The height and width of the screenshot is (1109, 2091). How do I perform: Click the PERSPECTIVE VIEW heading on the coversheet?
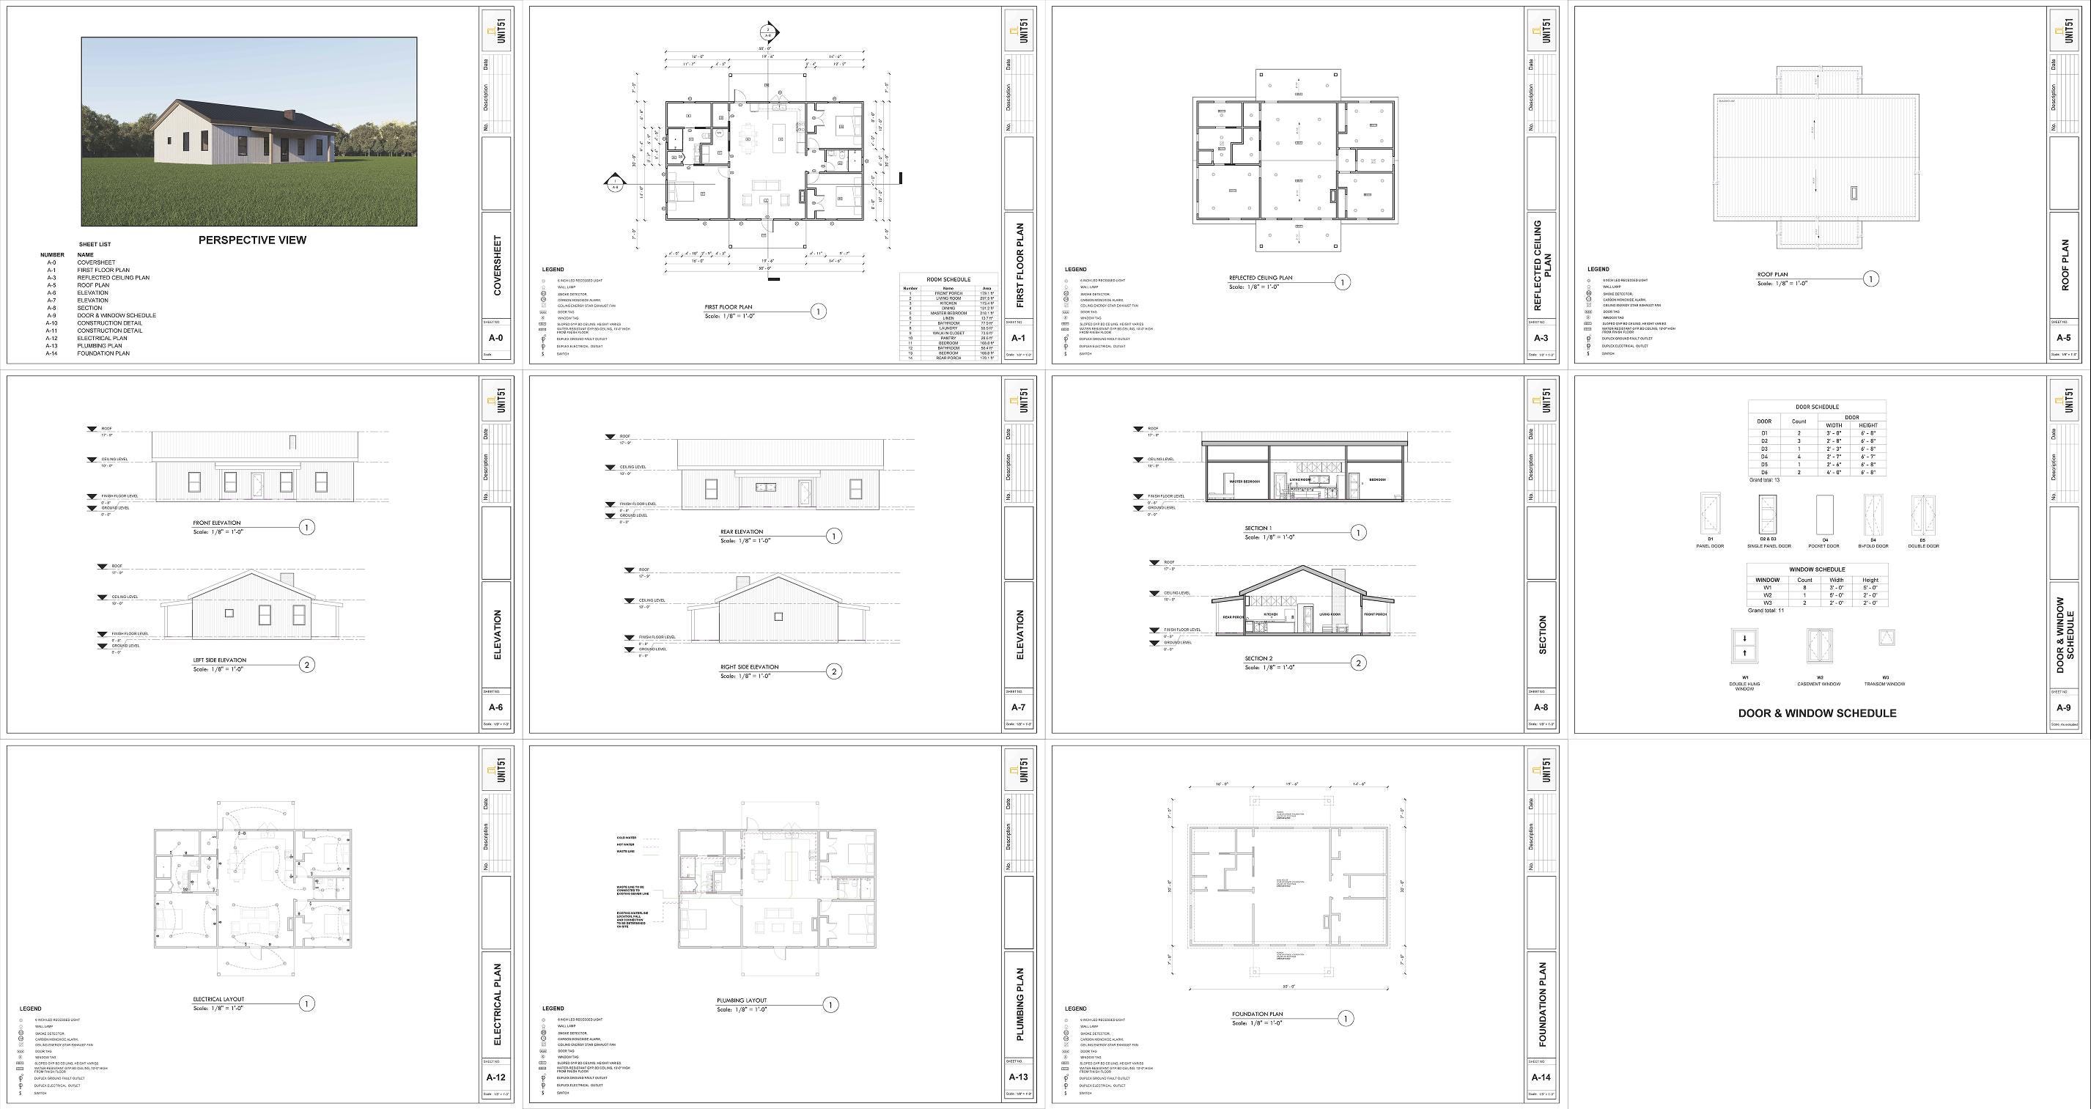[252, 240]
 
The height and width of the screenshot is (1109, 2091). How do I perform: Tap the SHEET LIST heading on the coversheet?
[95, 244]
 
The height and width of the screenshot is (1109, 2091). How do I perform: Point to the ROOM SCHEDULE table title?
[948, 279]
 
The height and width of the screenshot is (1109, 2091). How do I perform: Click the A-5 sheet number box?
[2062, 338]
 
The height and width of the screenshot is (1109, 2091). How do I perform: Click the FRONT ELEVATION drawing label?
[217, 523]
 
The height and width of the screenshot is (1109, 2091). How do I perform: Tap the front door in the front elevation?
[257, 483]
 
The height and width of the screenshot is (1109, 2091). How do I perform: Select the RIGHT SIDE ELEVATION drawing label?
[749, 667]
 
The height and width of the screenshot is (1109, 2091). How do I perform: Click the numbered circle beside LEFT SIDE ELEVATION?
[307, 665]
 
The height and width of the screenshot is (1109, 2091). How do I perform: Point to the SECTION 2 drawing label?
[1258, 658]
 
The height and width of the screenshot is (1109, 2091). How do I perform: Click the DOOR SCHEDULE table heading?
[1817, 407]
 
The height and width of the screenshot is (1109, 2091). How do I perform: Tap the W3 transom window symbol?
[1887, 638]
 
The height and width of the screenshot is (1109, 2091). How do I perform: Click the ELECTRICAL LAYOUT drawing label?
[218, 999]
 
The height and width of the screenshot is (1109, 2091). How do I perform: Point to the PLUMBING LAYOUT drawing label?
[741, 1001]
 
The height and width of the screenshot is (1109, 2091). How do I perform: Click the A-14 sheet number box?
[1541, 1077]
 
